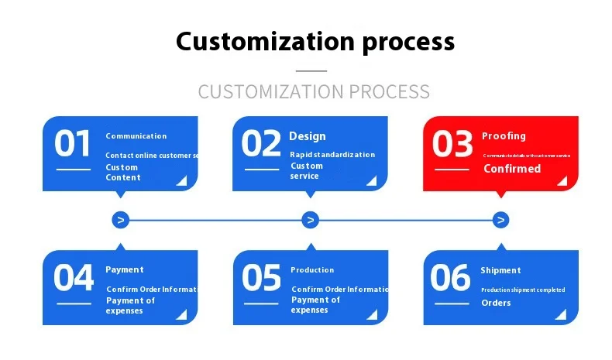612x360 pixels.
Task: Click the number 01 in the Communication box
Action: pos(73,144)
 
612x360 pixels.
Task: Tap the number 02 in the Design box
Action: pos(261,144)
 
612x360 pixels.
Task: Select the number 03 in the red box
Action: pos(452,144)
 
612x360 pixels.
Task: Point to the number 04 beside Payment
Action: pos(73,278)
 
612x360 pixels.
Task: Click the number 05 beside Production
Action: pos(262,278)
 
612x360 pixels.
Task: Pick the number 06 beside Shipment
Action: pos(450,278)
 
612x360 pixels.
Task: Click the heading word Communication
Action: pos(136,136)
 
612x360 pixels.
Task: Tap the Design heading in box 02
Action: pos(308,136)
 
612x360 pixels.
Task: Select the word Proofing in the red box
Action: pos(504,136)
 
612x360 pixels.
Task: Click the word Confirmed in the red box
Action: pos(512,169)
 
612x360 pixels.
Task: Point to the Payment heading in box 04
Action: pos(125,270)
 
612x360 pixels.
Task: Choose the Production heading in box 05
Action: pos(312,270)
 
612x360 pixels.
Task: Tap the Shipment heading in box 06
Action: pos(500,270)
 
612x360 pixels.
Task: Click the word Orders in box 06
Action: pos(496,303)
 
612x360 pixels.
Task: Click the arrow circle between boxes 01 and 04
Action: pos(120,221)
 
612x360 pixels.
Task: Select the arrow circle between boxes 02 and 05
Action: pos(310,221)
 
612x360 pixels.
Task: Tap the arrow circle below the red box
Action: pos(501,221)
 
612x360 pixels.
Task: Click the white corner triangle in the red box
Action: pos(563,180)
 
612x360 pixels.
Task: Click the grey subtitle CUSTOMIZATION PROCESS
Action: pos(314,91)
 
